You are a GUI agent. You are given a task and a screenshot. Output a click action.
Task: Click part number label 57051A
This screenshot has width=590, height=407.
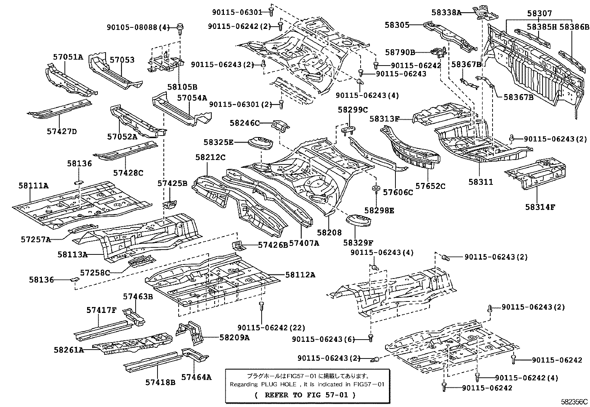point(68,57)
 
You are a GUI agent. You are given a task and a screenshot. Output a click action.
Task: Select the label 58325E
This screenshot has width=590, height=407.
point(218,142)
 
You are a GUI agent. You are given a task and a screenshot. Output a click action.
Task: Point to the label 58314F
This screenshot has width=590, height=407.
point(540,207)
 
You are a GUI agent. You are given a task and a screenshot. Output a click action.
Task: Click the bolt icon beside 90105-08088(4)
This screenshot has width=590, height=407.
point(181,27)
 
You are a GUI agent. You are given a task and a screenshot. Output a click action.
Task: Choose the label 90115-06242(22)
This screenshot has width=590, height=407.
point(271,328)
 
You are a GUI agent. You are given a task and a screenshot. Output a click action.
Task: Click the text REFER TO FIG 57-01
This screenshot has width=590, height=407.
point(305,395)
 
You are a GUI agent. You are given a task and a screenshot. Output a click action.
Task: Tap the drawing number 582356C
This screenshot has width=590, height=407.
point(574,401)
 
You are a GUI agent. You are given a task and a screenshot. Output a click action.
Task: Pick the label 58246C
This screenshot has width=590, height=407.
point(245,123)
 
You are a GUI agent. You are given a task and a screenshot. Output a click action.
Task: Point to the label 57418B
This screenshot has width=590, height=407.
point(160,382)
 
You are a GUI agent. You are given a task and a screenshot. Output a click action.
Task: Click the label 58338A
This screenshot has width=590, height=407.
point(446,13)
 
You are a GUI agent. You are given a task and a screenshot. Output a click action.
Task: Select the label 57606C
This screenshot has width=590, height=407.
point(398,192)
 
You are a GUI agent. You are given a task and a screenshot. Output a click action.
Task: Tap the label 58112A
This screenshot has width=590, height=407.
point(300,275)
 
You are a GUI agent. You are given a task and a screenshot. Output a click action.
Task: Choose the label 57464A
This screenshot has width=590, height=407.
point(196,377)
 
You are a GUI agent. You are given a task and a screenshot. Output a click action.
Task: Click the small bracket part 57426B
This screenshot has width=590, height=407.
point(237,245)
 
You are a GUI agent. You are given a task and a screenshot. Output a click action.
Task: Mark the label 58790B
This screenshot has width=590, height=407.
point(400,53)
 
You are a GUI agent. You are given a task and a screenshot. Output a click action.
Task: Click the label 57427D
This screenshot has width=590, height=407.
point(62,131)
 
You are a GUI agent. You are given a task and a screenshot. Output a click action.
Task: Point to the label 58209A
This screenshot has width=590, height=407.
point(234,337)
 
